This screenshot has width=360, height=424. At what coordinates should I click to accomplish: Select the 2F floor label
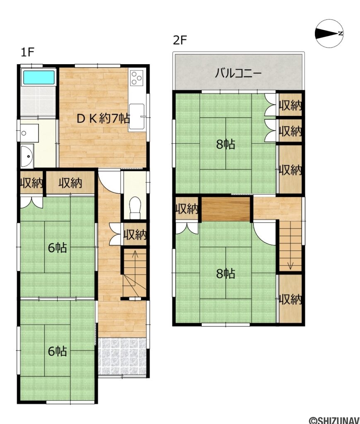180,41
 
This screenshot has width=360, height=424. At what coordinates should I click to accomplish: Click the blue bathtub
39,77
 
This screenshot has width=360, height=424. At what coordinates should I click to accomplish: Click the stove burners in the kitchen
136,77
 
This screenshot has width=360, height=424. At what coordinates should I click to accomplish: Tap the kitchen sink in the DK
136,118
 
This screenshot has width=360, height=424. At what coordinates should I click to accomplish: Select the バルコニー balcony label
238,74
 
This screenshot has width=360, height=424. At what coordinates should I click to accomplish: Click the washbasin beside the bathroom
28,156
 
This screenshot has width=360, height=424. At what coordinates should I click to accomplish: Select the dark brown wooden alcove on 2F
226,209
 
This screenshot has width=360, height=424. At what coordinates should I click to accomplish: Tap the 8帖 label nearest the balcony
225,144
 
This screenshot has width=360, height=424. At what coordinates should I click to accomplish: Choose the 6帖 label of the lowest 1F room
57,351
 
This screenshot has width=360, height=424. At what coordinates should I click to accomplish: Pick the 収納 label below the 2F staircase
290,299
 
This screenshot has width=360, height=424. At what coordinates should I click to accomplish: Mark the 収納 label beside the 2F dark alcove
187,209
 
